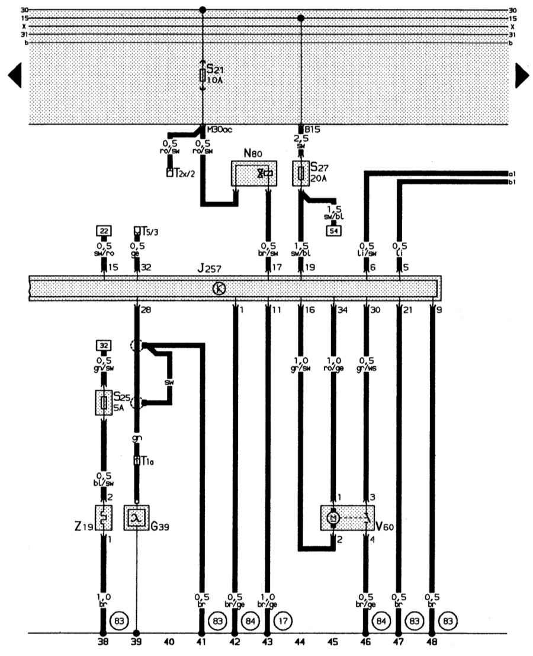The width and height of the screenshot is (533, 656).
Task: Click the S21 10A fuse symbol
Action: point(203,75)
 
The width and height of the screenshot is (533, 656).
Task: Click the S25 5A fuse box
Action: point(104,403)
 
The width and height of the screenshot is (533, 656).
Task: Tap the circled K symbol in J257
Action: point(219,289)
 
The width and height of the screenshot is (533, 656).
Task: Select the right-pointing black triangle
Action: point(522,75)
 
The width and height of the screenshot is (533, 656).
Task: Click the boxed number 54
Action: point(333,231)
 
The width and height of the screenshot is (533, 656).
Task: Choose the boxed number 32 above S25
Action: point(104,344)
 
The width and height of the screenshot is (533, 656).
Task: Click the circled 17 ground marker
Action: point(282,621)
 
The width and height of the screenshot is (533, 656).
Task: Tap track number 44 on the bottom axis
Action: point(301,641)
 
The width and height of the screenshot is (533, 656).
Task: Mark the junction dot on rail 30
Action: point(203,10)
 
